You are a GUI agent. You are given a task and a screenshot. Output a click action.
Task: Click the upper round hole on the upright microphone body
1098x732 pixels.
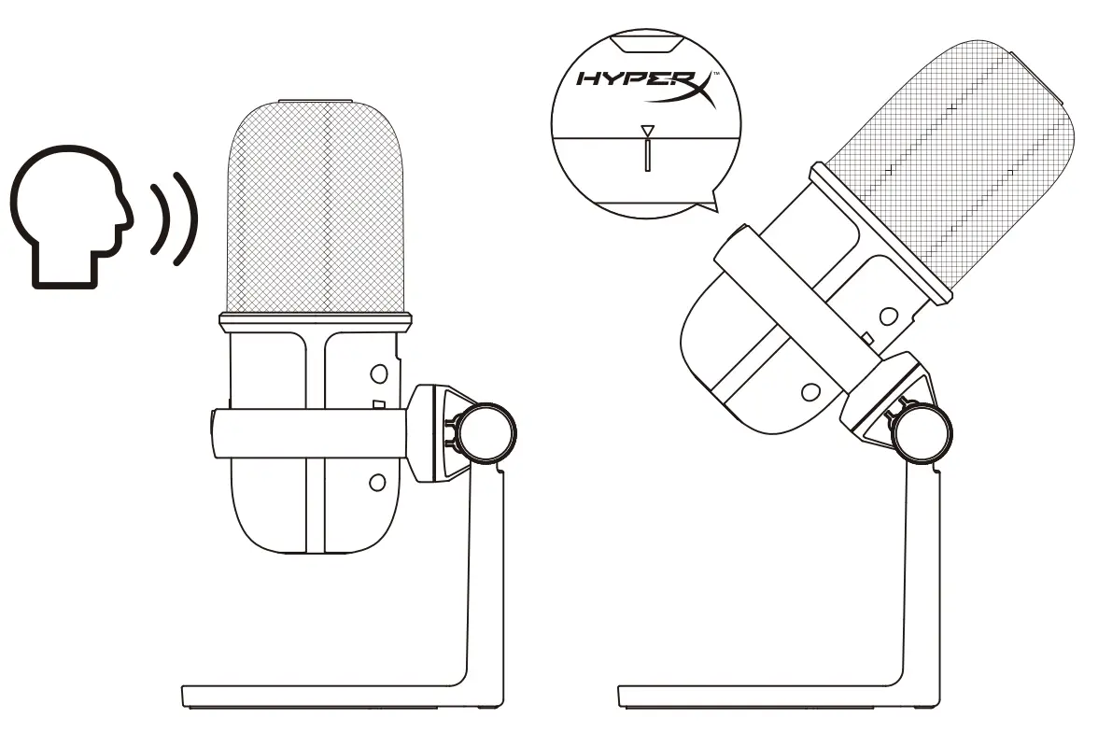(x=377, y=373)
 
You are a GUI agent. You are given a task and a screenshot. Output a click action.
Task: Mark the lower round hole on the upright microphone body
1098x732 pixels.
(x=377, y=482)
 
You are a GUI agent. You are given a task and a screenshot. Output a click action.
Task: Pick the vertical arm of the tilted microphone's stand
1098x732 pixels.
(x=919, y=579)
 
